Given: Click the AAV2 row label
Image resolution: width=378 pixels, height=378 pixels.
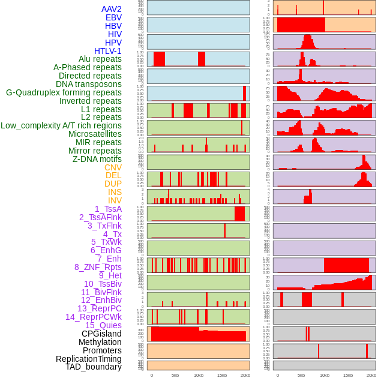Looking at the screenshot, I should click(x=111, y=9).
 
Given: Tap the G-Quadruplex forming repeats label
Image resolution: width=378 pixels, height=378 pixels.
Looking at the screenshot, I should click(x=64, y=92).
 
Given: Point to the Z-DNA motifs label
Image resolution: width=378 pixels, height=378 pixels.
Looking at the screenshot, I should click(x=97, y=159).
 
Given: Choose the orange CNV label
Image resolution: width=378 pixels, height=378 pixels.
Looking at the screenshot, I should click(x=113, y=167).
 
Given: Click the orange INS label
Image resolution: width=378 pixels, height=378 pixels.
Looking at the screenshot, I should click(x=115, y=192).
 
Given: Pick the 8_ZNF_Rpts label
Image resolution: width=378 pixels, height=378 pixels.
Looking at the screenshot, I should click(x=98, y=267).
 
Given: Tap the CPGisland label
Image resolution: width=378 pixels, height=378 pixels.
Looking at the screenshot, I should click(x=101, y=334).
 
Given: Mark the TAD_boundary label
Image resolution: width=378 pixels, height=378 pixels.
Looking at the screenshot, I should click(x=93, y=367).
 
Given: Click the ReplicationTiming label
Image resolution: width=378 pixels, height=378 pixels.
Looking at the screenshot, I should click(x=88, y=359).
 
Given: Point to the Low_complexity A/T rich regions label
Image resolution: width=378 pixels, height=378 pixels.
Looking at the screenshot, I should click(x=61, y=125).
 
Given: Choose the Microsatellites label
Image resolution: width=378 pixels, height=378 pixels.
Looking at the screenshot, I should click(x=95, y=134).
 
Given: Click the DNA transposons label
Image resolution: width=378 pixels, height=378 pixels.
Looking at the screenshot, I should click(x=89, y=84).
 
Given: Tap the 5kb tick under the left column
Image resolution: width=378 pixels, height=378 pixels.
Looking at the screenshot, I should click(x=175, y=375).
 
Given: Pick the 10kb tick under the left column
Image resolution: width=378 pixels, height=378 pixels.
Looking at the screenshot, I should click(x=199, y=375).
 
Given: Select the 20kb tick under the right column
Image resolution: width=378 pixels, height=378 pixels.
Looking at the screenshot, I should click(x=371, y=375).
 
